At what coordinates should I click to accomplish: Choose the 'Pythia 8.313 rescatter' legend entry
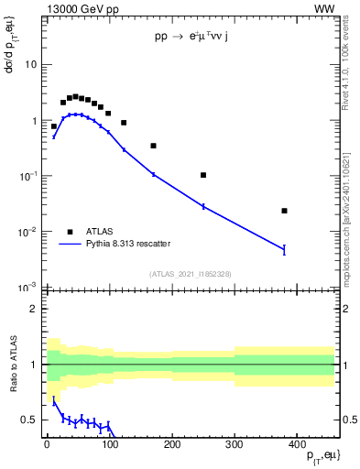[x=128, y=244]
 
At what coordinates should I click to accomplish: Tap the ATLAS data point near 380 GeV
[x=285, y=211]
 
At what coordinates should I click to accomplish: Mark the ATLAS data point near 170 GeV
[x=154, y=146]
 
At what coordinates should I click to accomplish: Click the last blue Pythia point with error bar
[x=285, y=249]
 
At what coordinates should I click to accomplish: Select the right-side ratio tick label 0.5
[x=348, y=420]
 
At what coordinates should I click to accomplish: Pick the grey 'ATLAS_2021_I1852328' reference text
[x=190, y=274]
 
